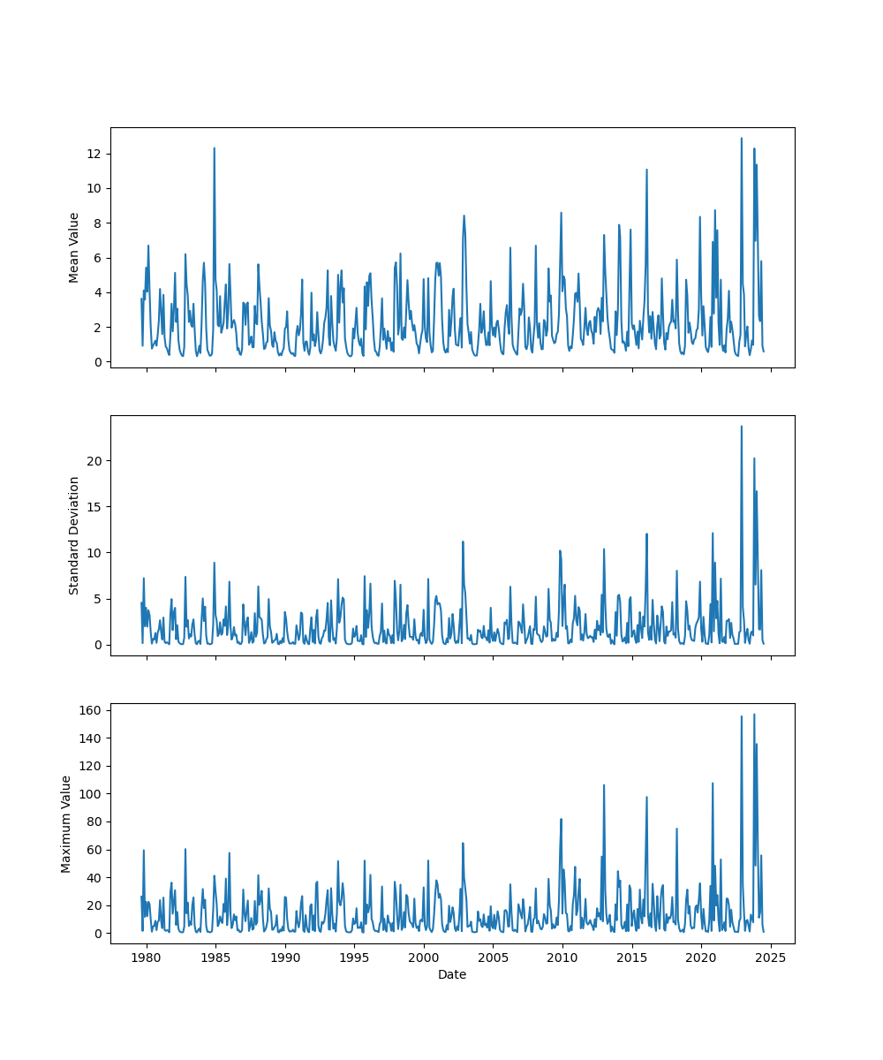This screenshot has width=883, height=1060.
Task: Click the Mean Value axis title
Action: point(74,247)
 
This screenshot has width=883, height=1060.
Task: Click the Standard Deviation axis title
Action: point(74,535)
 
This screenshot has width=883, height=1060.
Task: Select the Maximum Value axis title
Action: point(66,823)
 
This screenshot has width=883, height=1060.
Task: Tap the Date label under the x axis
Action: point(452,974)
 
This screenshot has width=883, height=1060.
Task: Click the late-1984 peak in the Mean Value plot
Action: point(214,148)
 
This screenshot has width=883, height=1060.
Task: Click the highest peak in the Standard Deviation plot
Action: point(742,427)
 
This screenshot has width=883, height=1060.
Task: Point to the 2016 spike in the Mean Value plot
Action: point(646,170)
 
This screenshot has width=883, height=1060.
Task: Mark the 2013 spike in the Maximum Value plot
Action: point(604,785)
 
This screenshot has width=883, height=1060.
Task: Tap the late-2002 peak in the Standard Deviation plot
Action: point(463,541)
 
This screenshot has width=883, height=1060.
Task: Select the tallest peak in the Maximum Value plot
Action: point(754,715)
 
